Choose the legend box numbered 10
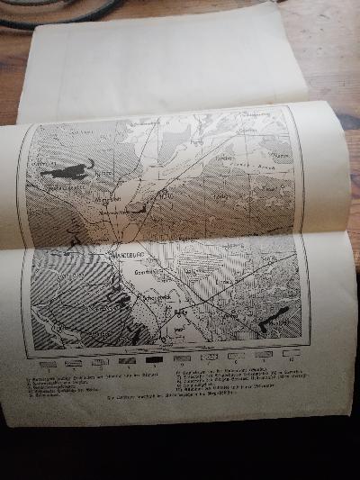pyautogui.click(x=291, y=354)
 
